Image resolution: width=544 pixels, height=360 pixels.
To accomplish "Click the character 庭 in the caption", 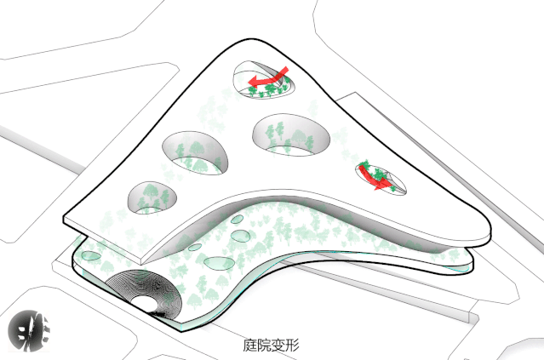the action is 249,345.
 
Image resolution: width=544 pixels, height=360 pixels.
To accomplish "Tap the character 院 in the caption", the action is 264,345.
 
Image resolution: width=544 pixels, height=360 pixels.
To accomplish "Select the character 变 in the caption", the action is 278,345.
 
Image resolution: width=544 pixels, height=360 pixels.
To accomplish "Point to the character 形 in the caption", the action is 292,345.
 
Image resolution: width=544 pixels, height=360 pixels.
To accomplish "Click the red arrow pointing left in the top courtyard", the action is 267,77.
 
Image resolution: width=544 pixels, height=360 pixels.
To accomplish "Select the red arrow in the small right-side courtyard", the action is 374,178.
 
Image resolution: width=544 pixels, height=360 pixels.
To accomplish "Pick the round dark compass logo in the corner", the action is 28,330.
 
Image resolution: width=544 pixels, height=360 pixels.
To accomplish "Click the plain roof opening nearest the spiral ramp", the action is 152,197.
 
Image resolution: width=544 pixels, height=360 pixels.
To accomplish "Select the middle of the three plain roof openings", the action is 195,152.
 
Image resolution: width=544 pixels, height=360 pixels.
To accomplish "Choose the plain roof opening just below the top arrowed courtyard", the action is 291,134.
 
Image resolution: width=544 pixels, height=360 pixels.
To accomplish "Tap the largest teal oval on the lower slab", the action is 219,263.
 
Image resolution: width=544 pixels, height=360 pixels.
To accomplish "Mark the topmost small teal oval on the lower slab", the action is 238,220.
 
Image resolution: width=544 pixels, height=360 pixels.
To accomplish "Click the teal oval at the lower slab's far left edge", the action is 91,256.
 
